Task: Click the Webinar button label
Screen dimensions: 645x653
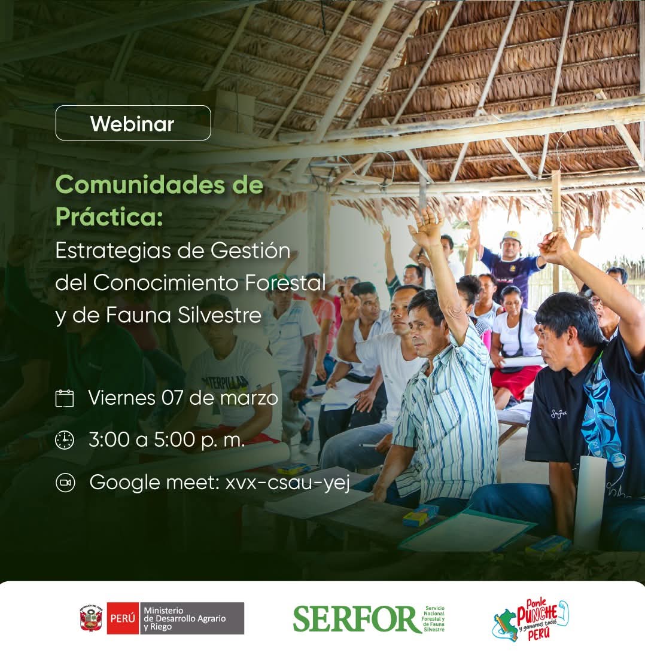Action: click(x=132, y=124)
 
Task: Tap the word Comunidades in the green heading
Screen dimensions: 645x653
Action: click(x=140, y=185)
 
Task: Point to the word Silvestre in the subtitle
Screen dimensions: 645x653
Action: click(x=220, y=315)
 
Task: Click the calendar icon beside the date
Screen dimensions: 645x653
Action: click(x=65, y=398)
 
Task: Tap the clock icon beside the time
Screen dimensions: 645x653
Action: click(x=65, y=440)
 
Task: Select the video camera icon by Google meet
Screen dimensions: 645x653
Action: click(x=65, y=483)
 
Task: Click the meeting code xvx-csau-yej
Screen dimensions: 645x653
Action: click(x=288, y=483)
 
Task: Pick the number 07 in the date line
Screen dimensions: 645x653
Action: click(x=172, y=398)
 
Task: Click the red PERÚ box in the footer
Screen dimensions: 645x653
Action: click(x=123, y=618)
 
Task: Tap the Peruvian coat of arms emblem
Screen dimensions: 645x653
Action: click(x=92, y=618)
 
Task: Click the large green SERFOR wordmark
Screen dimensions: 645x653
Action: click(x=357, y=619)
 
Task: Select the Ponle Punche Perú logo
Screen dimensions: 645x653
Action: click(x=530, y=619)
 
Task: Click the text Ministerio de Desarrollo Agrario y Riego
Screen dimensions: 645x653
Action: click(x=184, y=618)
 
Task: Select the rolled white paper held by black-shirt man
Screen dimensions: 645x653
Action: click(x=589, y=502)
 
